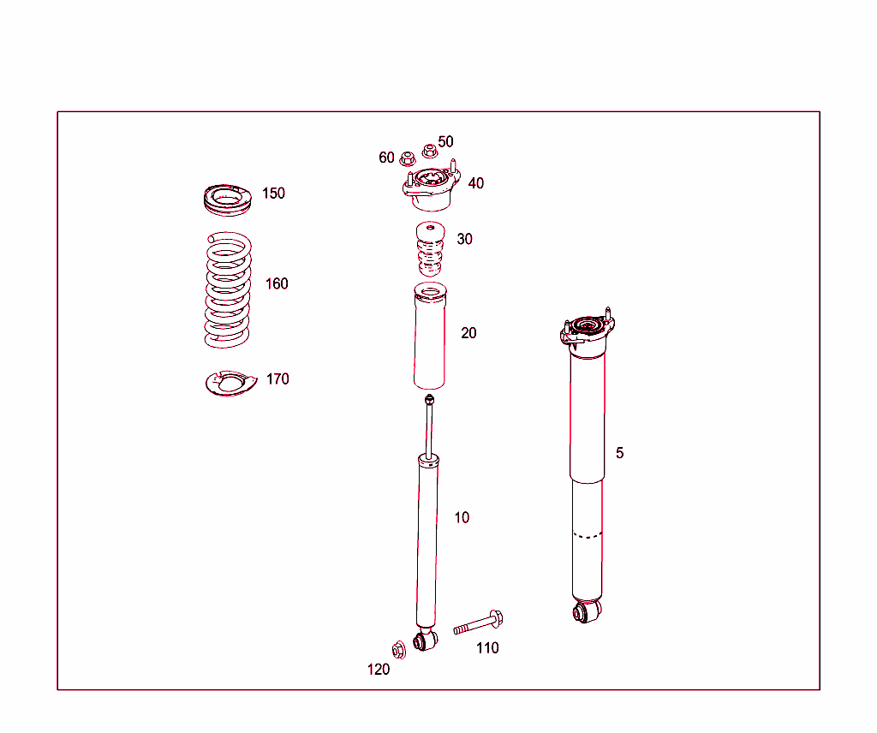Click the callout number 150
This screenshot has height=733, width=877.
click(273, 194)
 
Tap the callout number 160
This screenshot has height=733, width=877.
click(277, 283)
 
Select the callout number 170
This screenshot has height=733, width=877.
click(277, 378)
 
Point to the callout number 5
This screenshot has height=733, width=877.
click(620, 452)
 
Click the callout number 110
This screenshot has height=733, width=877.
click(487, 648)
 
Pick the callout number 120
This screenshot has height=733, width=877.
click(379, 670)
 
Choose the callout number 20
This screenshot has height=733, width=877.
click(468, 333)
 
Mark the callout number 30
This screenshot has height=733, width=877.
click(464, 239)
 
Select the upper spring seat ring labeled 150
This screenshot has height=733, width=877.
click(228, 201)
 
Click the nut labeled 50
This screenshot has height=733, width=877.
click(430, 152)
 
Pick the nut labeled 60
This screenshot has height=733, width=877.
click(408, 158)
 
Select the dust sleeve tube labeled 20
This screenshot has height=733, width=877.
click(429, 338)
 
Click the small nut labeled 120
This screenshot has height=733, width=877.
click(398, 650)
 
